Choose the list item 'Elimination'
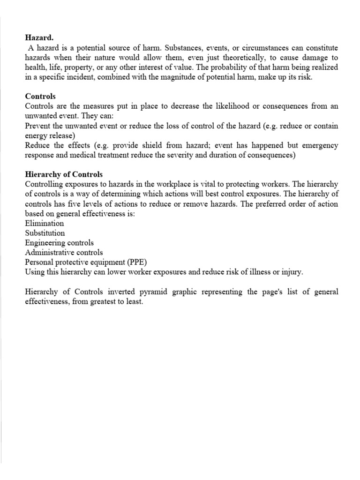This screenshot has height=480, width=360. point(44,224)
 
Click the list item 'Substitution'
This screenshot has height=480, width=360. point(45,233)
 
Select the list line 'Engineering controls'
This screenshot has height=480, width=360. point(59,243)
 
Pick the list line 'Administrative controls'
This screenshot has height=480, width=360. point(64,253)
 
